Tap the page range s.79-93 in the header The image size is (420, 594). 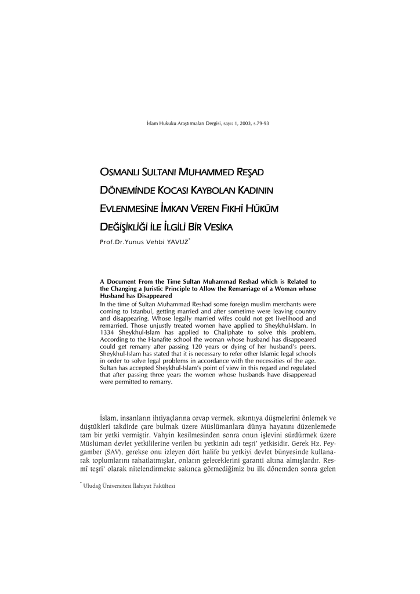tap(259, 123)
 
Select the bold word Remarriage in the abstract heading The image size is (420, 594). tap(229, 288)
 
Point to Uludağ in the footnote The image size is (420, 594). tap(94, 486)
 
